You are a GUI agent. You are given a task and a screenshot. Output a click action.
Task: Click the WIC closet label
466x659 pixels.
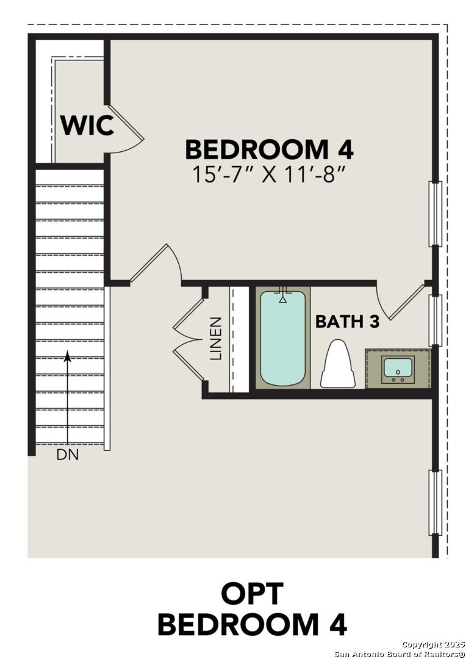(87, 126)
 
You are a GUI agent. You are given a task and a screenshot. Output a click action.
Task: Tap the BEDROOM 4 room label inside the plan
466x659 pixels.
(269, 149)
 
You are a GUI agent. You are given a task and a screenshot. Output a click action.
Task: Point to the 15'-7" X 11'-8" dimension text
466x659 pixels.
(269, 175)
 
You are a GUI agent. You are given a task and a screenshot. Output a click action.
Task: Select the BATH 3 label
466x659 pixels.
(347, 322)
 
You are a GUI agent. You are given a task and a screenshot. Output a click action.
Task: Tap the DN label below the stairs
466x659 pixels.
(68, 455)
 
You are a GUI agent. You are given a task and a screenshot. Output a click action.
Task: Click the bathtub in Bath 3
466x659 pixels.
(282, 339)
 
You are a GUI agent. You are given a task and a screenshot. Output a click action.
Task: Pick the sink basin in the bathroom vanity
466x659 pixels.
(398, 368)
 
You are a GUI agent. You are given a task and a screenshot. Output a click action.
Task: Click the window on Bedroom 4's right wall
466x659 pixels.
(435, 214)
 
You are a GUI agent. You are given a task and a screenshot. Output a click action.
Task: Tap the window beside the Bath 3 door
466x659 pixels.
(435, 320)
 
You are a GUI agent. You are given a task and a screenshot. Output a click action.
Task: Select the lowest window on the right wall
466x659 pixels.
(435, 502)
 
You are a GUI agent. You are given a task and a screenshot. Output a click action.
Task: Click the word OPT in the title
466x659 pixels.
(252, 594)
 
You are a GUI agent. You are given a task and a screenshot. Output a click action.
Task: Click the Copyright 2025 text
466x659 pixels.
(434, 644)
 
